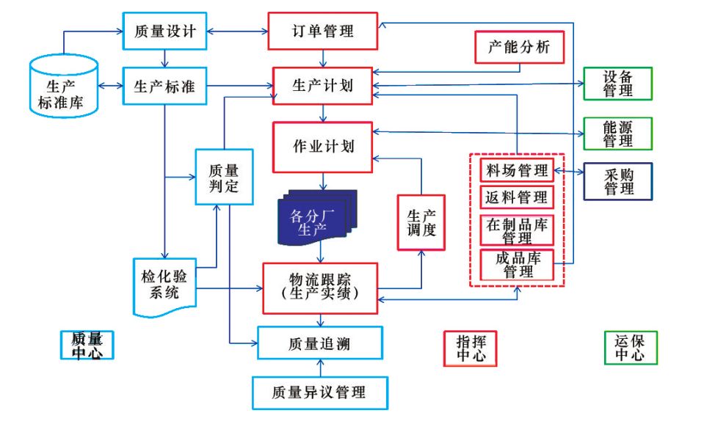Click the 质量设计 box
(x=164, y=32)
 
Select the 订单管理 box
(x=323, y=31)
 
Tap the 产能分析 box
(x=519, y=49)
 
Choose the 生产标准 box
(x=164, y=87)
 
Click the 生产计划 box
(x=323, y=87)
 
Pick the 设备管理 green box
(x=618, y=84)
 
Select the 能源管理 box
(x=618, y=133)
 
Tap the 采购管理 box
(x=618, y=180)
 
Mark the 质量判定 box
(x=224, y=177)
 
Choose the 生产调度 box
(x=421, y=222)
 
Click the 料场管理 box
(x=517, y=170)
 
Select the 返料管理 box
(x=517, y=197)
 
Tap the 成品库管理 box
(x=517, y=265)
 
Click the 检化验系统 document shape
(x=164, y=287)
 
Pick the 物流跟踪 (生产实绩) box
(x=320, y=288)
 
